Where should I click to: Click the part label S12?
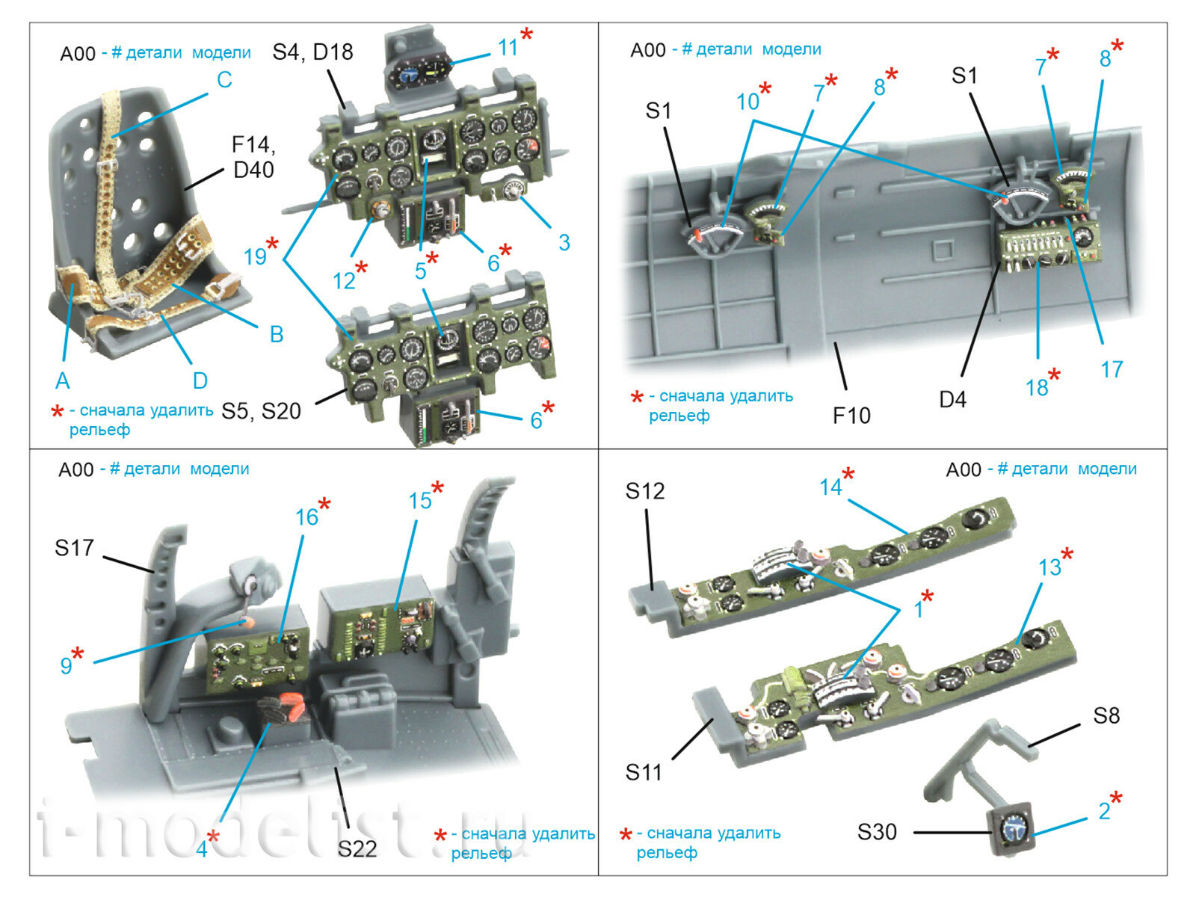644,491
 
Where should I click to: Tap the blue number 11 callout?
508,47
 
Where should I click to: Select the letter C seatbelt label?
224,80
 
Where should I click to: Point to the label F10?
851,415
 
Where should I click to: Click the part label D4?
952,399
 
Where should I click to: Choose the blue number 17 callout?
1112,369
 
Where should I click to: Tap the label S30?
877,831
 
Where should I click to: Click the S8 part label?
1106,715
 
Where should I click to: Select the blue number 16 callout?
306,517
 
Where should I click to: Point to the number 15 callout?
420,500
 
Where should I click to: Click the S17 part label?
74,548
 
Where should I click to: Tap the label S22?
357,848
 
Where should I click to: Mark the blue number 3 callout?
564,242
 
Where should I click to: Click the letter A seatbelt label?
63,380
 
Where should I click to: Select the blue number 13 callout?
1049,567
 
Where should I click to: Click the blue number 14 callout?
830,487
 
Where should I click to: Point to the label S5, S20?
261,410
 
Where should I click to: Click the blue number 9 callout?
66,665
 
